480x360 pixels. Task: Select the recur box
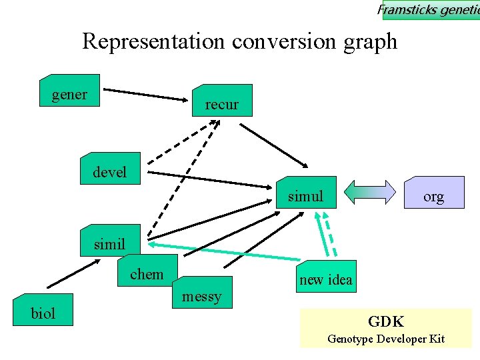[x=221, y=101]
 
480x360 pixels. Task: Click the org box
[x=433, y=193]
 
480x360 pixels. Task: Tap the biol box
[x=43, y=310]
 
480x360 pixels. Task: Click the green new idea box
[x=326, y=277]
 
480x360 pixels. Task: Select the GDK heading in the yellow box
[x=386, y=321]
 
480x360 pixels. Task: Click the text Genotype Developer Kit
[x=386, y=339]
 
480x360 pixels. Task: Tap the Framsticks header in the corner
[x=430, y=9]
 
